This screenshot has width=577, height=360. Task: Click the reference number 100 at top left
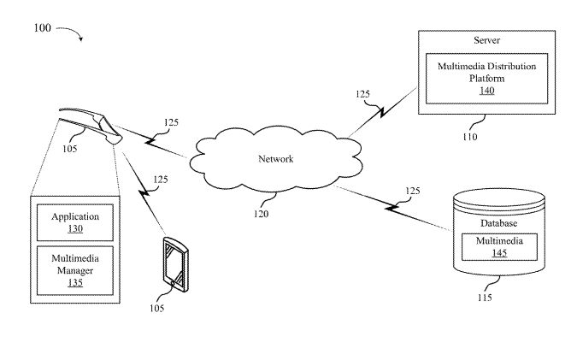43,27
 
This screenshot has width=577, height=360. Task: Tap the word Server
486,40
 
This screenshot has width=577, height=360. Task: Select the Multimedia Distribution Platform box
486,78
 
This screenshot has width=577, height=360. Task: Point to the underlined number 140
486,90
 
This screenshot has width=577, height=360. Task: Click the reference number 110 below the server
470,136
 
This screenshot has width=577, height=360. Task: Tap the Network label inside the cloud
276,159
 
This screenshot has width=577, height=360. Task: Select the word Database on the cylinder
499,223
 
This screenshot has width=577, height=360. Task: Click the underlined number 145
499,254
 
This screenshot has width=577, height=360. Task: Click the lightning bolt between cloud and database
397,204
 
